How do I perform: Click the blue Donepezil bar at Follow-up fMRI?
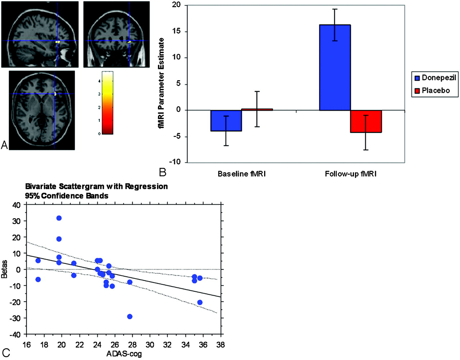click(x=335, y=68)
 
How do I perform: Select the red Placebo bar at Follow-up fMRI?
click(x=366, y=122)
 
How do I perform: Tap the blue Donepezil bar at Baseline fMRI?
click(x=226, y=121)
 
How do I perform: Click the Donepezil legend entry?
click(x=435, y=78)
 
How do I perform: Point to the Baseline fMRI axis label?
click(x=241, y=174)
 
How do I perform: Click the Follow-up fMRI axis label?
click(x=350, y=174)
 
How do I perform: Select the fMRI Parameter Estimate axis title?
click(x=161, y=83)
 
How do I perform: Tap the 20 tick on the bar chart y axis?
click(x=176, y=5)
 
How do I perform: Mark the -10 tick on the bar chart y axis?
click(x=175, y=162)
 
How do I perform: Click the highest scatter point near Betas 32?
click(x=59, y=218)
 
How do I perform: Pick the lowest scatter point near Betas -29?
click(x=130, y=316)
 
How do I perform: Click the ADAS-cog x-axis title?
click(x=124, y=354)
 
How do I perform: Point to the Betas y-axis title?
click(x=4, y=269)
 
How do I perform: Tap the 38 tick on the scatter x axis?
click(x=220, y=345)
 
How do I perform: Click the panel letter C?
click(x=6, y=353)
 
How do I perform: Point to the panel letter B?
click(x=162, y=172)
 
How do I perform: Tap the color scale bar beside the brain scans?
click(x=107, y=103)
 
